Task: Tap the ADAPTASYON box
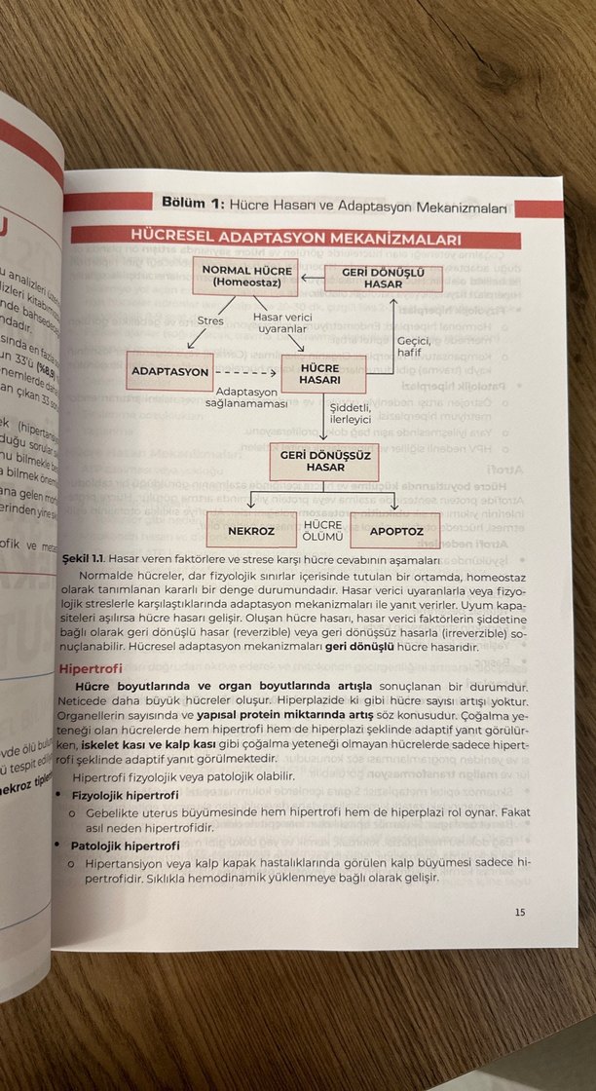(x=169, y=372)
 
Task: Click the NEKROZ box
(x=249, y=532)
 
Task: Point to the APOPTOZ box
(x=395, y=532)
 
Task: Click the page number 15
(x=519, y=912)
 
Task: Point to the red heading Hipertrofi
(x=91, y=670)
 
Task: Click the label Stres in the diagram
(x=210, y=320)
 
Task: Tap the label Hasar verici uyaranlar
(x=282, y=322)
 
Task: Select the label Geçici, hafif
(x=409, y=346)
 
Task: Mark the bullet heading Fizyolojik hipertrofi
(x=125, y=795)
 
